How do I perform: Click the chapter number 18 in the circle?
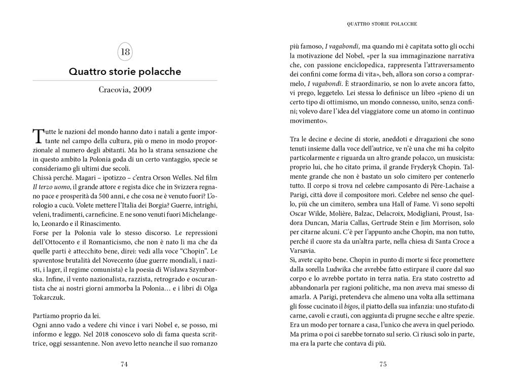[125, 52]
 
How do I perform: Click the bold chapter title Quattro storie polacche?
[125, 72]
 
